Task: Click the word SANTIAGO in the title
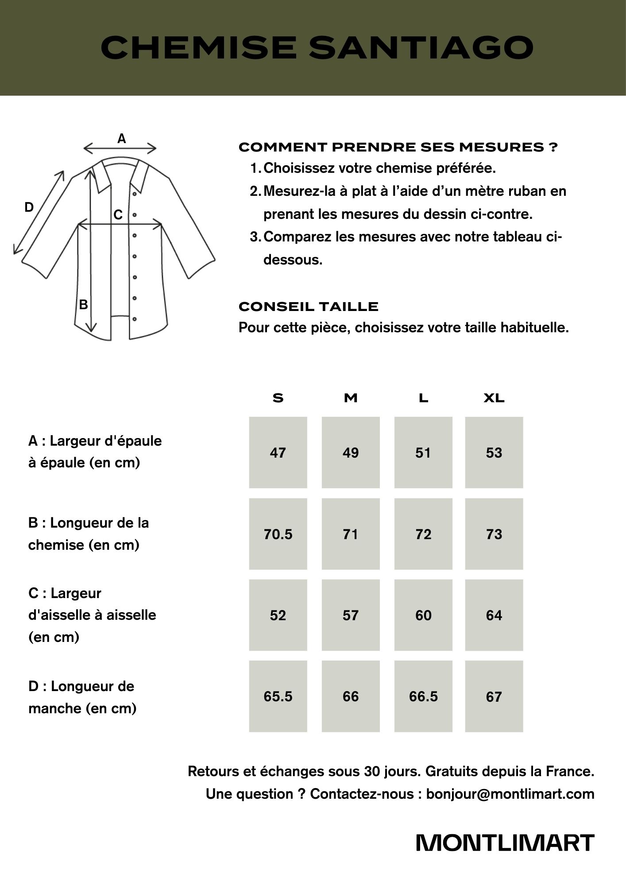tap(421, 47)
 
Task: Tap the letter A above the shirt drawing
tap(121, 139)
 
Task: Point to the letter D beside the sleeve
tap(29, 207)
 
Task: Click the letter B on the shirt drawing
tap(83, 305)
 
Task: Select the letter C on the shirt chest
tap(118, 215)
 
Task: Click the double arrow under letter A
tap(120, 148)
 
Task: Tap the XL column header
tap(494, 398)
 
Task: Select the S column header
tap(278, 398)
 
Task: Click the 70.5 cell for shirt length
tap(278, 534)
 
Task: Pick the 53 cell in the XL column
tap(494, 453)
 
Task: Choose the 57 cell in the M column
tap(351, 615)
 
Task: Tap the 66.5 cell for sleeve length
tap(423, 696)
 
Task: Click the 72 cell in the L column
tap(423, 534)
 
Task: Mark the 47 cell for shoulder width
tap(278, 453)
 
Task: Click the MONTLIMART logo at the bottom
tap(505, 843)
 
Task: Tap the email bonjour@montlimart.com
tap(510, 794)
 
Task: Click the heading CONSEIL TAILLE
tap(309, 307)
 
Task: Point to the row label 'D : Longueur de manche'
tap(82, 697)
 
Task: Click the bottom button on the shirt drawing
tap(135, 319)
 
